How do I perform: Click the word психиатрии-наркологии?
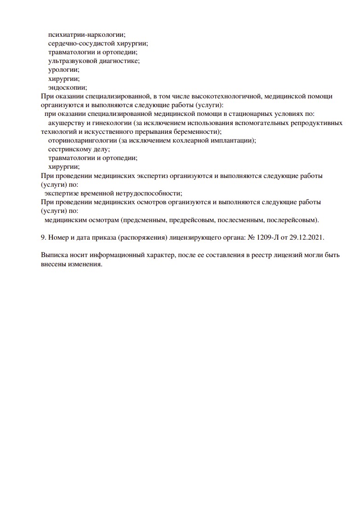coord(86,34)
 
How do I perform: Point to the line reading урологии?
coord(63,69)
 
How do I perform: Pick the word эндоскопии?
coord(67,87)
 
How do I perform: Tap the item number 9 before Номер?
coord(43,237)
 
